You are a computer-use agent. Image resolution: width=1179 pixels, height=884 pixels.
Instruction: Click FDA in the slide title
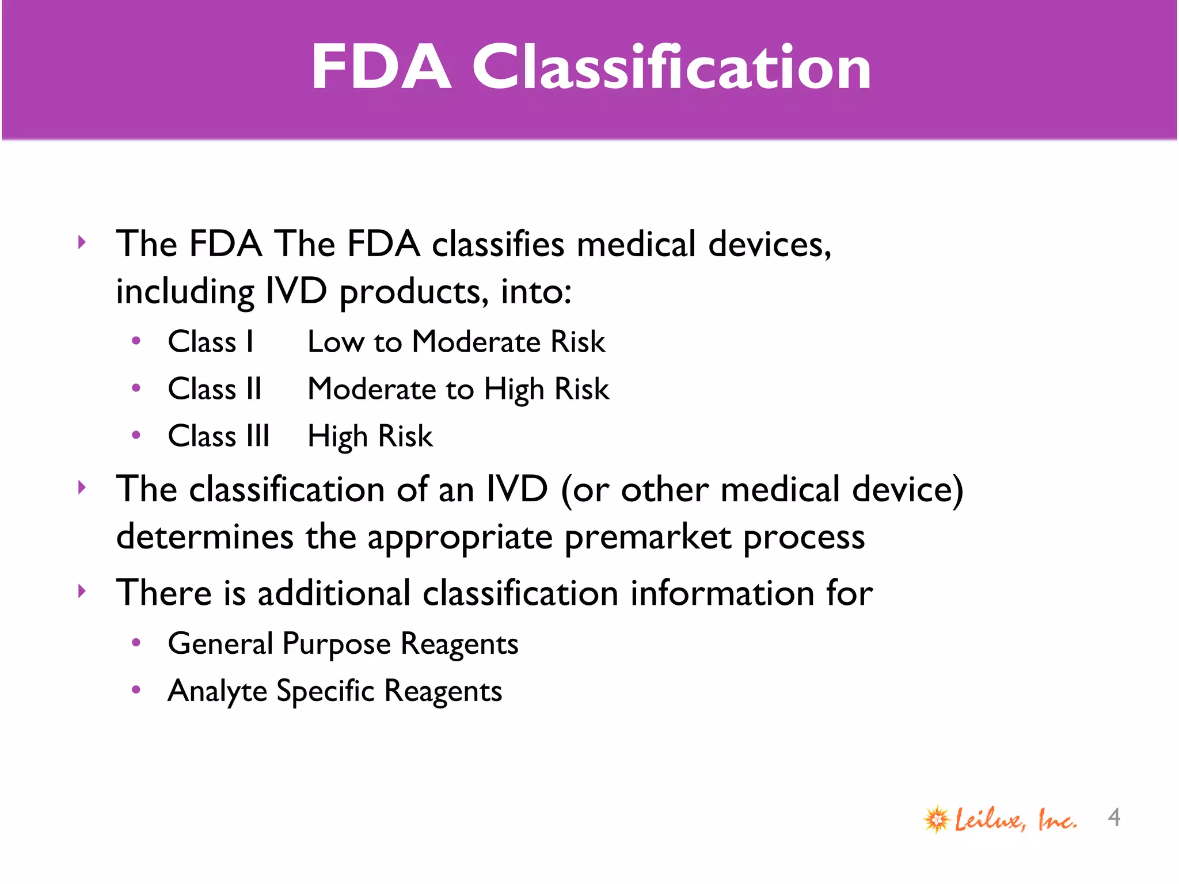pos(381,68)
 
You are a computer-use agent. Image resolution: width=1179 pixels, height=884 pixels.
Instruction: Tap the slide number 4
pos(1114,818)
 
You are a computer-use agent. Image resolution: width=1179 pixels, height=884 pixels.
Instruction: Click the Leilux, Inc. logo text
pos(1016,820)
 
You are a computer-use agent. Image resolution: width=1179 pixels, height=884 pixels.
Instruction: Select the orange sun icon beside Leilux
pos(937,819)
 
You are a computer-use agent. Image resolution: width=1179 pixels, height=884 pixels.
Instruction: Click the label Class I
pos(211,342)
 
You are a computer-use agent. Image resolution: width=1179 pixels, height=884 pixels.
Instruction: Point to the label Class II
pos(215,389)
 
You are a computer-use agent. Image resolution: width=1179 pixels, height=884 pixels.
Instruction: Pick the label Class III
pos(219,436)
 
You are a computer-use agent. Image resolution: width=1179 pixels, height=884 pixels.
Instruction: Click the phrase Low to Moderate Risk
pos(456,342)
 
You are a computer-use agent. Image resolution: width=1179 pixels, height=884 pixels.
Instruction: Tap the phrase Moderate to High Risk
pos(458,390)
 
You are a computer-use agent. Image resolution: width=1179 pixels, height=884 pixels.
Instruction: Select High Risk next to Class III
pos(370,436)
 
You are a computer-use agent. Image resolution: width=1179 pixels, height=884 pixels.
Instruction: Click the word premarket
pos(648,538)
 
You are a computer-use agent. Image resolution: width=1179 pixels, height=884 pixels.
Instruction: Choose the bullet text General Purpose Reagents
pos(343,644)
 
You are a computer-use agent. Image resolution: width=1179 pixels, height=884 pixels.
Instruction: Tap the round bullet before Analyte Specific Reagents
pos(136,689)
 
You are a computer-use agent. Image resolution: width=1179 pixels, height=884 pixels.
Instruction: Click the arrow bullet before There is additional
pos(82,591)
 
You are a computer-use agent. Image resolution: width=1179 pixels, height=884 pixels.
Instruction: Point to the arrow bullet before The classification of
pos(82,487)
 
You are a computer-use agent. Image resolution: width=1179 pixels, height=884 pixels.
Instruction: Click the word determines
pos(204,536)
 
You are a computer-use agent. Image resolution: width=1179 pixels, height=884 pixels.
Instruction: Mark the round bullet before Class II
pos(136,388)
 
